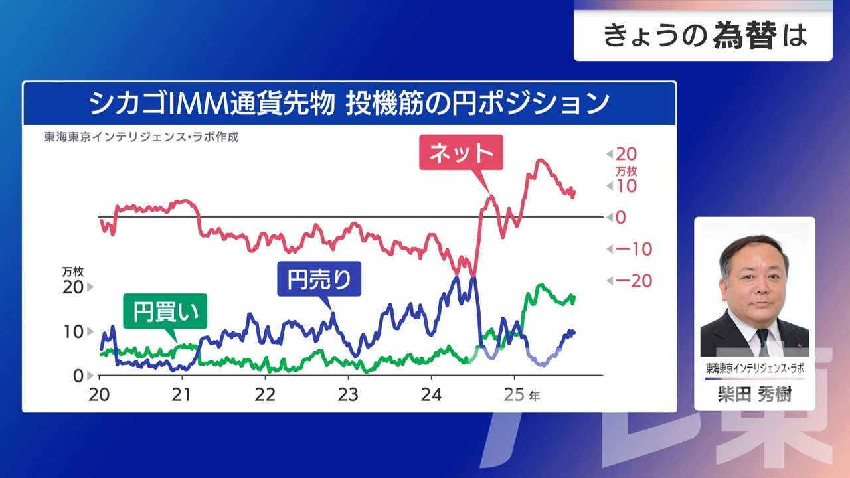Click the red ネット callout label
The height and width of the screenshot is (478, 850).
click(x=462, y=153)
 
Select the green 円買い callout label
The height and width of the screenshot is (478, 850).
click(x=165, y=311)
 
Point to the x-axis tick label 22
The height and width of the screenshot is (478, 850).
click(x=265, y=394)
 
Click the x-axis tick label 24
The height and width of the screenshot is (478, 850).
click(x=431, y=394)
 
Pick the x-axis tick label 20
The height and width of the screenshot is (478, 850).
click(x=99, y=394)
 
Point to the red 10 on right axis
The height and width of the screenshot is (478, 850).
click(x=626, y=187)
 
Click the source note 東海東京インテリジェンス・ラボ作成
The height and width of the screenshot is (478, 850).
click(x=141, y=138)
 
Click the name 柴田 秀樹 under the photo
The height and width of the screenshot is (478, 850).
click(x=754, y=395)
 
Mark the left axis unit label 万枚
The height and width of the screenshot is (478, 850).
click(x=72, y=272)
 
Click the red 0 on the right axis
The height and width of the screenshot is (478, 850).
click(x=620, y=218)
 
